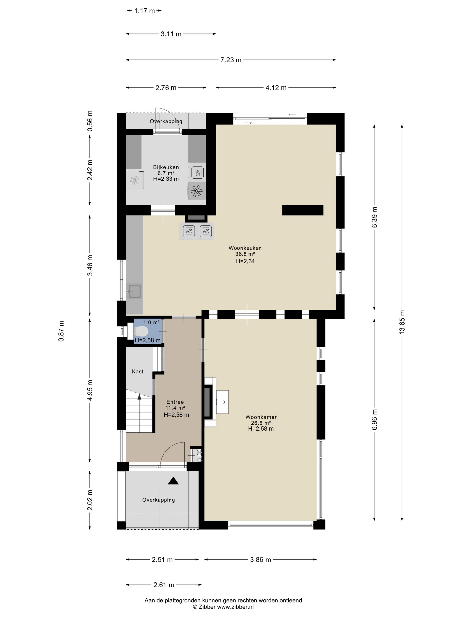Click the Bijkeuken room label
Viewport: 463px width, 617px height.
[166, 167]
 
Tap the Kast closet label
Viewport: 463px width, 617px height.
[138, 371]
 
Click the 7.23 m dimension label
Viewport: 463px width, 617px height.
[231, 60]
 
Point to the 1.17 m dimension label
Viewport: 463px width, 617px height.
[144, 11]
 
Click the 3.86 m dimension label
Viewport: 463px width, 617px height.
[260, 559]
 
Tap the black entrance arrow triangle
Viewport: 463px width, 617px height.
[173, 481]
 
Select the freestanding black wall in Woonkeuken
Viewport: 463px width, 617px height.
[302, 210]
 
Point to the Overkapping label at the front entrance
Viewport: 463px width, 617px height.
[159, 500]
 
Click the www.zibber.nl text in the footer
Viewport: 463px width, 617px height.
[235, 607]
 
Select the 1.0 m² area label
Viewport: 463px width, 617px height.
[151, 322]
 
